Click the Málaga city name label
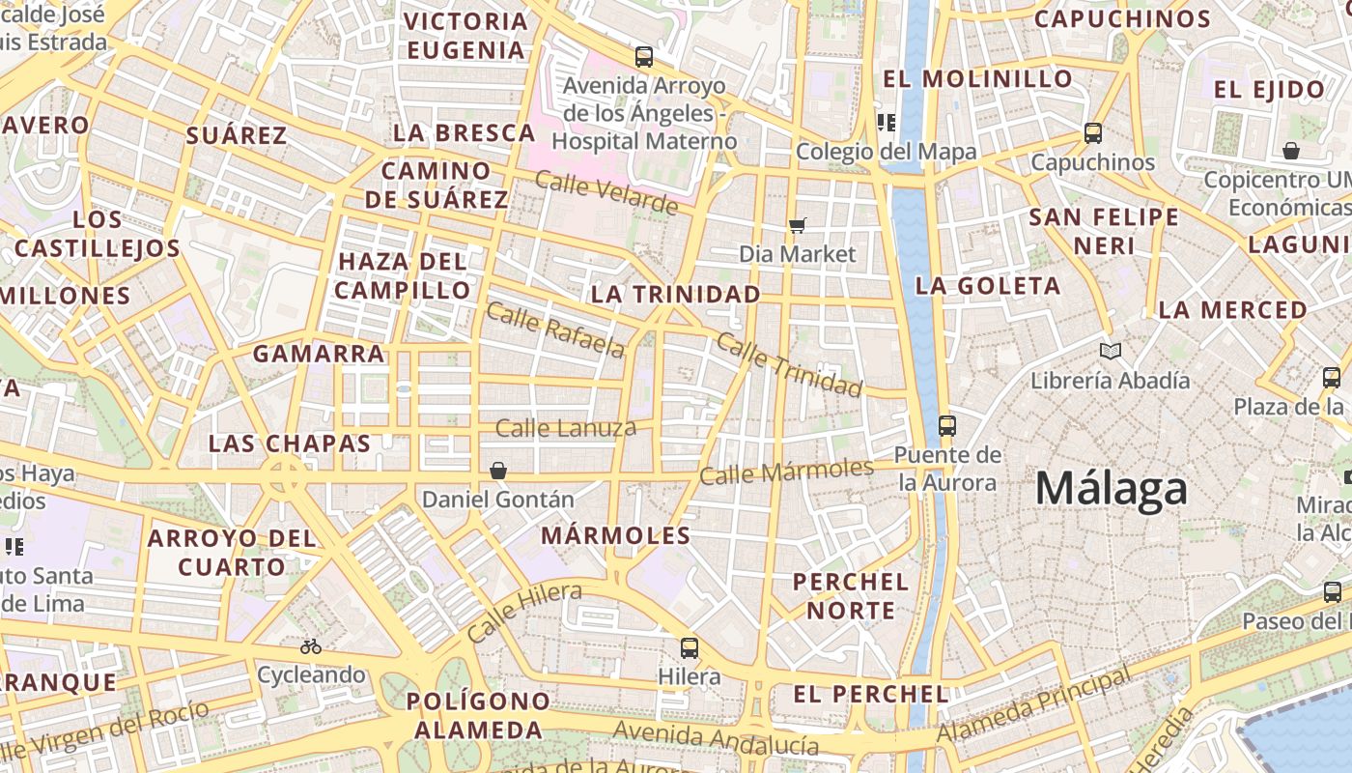click(x=1111, y=489)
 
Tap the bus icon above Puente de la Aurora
click(x=946, y=425)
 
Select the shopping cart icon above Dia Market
click(x=798, y=225)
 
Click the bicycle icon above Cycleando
click(x=311, y=646)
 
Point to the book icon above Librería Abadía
click(x=1111, y=352)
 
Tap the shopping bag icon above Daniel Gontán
click(x=498, y=471)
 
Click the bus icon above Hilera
click(x=689, y=647)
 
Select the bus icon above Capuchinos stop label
click(x=1093, y=133)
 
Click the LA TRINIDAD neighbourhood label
click(x=675, y=294)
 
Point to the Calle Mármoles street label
click(x=786, y=472)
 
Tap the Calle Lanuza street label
click(x=566, y=427)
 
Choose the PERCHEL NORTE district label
click(x=851, y=596)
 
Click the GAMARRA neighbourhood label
click(x=319, y=354)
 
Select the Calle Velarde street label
click(x=606, y=192)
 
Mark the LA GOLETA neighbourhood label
click(x=988, y=286)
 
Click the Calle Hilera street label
click(x=524, y=612)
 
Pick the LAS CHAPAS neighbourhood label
click(x=290, y=444)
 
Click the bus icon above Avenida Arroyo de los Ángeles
click(x=644, y=57)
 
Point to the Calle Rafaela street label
click(x=555, y=329)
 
